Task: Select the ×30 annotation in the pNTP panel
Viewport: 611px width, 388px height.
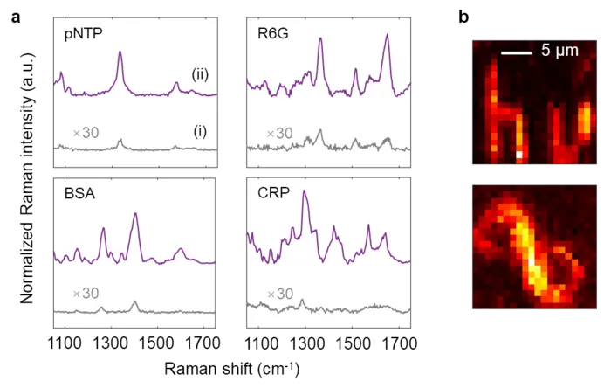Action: (87, 133)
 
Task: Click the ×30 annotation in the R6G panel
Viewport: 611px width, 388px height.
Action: (279, 133)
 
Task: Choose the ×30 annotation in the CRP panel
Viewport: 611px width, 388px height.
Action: (279, 294)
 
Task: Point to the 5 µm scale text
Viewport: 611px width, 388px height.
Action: (559, 52)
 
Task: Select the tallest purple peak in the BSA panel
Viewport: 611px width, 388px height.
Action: (134, 214)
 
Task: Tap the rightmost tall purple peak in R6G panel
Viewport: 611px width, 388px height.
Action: (385, 38)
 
